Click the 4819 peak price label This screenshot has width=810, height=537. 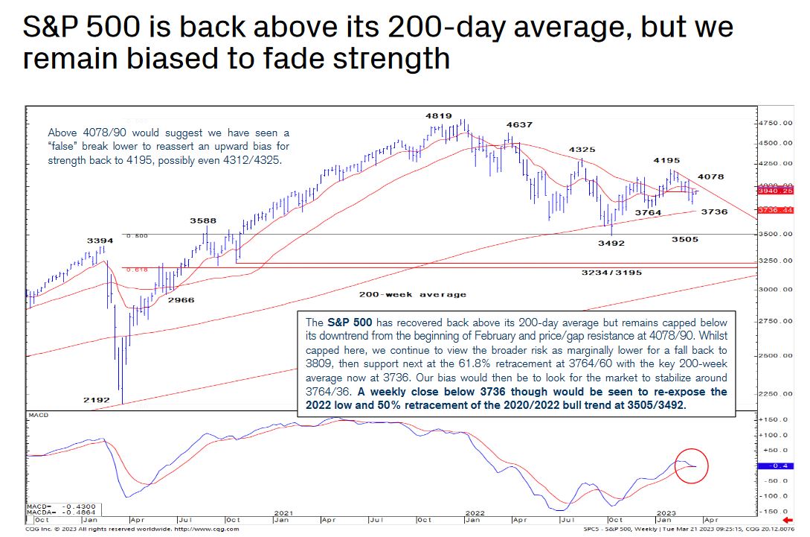pos(439,116)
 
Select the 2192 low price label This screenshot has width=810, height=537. pos(97,400)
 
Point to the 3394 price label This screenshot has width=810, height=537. pos(100,241)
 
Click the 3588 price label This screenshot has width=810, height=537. pos(202,220)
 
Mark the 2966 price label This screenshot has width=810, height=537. pos(181,299)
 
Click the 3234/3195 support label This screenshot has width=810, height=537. pos(612,273)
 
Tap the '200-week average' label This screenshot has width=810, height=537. pos(412,294)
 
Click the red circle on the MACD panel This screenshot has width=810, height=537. pos(692,466)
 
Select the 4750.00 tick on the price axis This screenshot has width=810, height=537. pos(777,123)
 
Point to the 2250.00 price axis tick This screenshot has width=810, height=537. pos(777,394)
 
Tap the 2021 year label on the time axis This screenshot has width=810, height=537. pos(283,513)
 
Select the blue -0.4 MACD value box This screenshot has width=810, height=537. pos(771,465)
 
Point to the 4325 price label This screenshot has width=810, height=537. pos(582,150)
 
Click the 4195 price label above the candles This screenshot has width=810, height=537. pos(666,160)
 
